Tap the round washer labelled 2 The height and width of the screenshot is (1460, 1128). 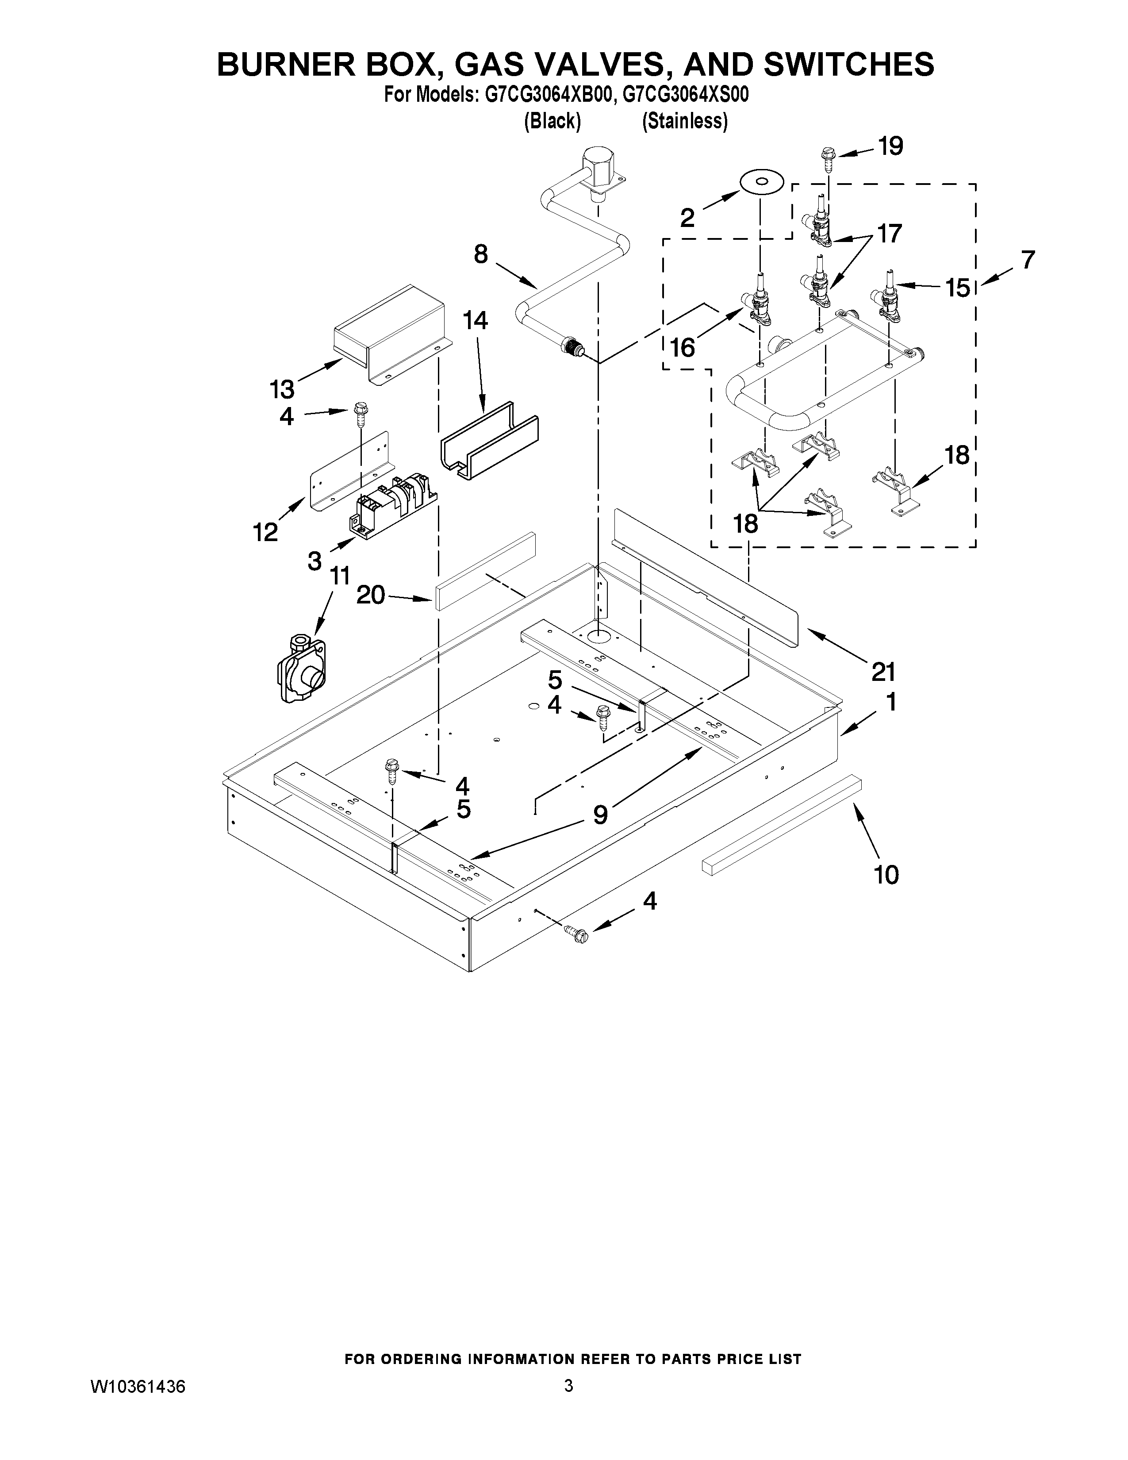click(761, 182)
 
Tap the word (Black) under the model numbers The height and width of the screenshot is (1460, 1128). click(552, 121)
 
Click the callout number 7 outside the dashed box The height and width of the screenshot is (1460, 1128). click(1027, 259)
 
